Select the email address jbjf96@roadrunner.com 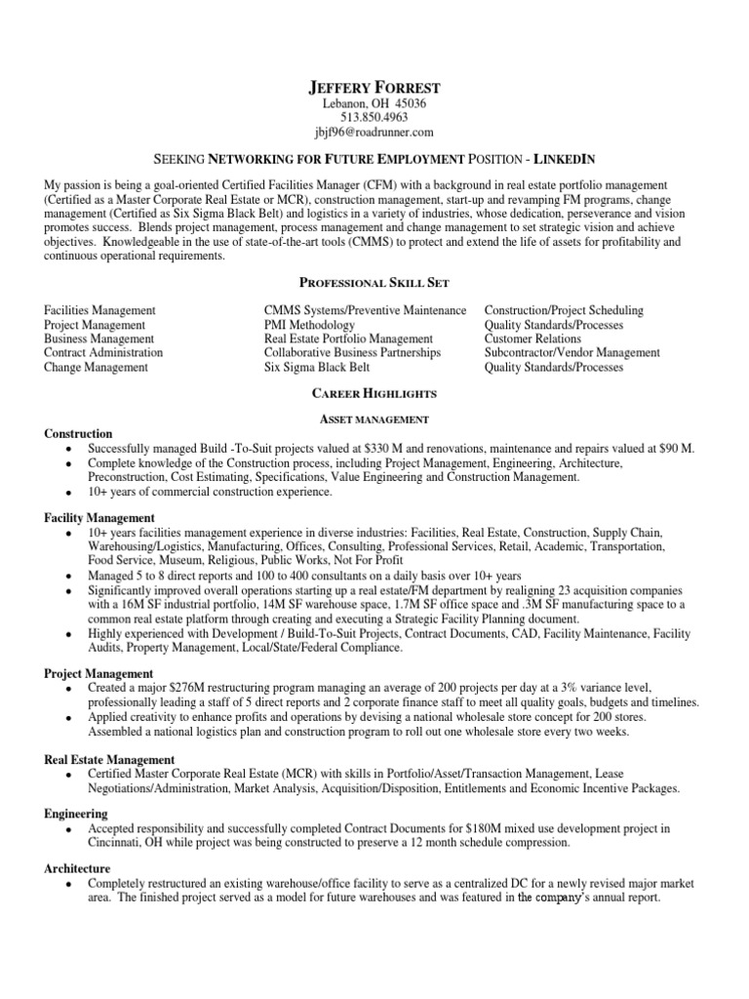[x=374, y=133]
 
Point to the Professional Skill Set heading [x=374, y=282]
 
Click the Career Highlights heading [x=374, y=393]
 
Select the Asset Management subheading [x=375, y=419]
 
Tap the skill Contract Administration [x=103, y=353]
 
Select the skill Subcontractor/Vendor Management [x=572, y=353]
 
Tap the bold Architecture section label [x=77, y=868]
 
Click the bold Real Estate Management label [x=109, y=759]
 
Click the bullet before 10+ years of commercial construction [x=66, y=494]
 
